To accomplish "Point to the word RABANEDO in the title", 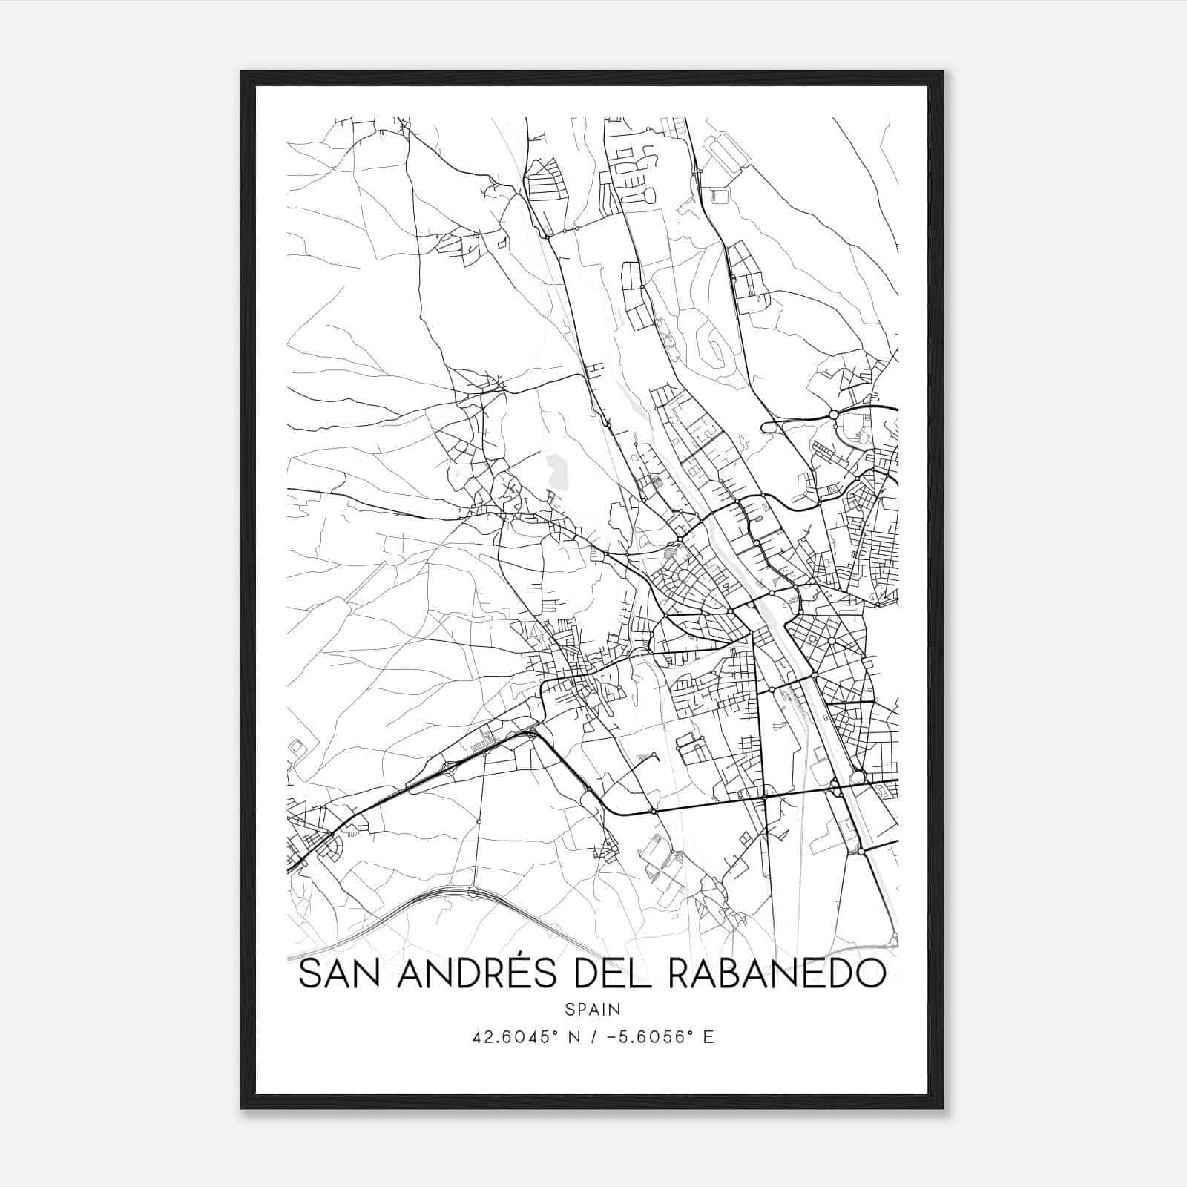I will (777, 973).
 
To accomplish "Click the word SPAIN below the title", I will (592, 1009).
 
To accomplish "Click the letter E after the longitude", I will (708, 1036).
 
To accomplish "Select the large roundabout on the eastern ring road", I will (833, 414).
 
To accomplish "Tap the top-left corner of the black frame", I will (242, 72).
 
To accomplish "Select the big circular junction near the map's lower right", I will (858, 777).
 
